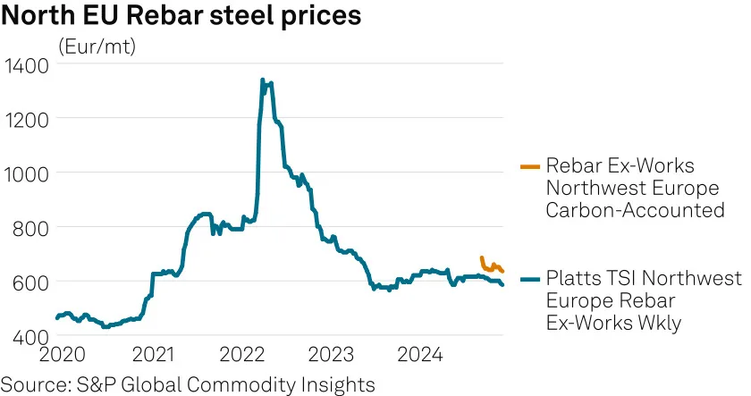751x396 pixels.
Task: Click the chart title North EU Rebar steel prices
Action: tap(181, 15)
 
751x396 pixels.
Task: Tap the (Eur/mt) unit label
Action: tap(97, 46)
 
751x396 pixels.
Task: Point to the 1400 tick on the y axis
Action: tap(26, 66)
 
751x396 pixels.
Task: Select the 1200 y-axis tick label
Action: tap(26, 120)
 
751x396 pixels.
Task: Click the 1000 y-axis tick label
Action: tap(26, 175)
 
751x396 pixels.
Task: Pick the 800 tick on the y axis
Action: tap(30, 229)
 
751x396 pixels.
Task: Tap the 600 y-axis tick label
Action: tap(30, 283)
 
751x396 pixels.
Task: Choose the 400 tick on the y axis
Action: tap(30, 337)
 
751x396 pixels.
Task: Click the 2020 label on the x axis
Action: tap(63, 355)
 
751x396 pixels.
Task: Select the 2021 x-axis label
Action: tap(153, 355)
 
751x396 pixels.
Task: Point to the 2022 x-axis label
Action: tap(242, 355)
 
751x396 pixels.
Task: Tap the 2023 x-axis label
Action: tap(331, 355)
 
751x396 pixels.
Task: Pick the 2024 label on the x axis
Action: tap(420, 355)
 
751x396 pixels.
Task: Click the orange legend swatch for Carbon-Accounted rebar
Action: tap(530, 166)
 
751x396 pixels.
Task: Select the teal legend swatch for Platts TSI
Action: tap(530, 279)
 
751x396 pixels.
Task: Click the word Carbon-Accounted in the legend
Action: tap(635, 210)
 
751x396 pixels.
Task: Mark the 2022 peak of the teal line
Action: tap(263, 80)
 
